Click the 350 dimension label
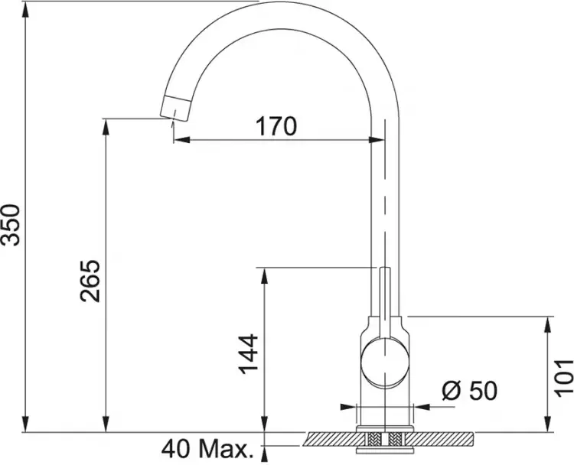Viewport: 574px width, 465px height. [10, 225]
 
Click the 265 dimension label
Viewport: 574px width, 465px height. [90, 281]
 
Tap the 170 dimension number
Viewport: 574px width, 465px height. [276, 126]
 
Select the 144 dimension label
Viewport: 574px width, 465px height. [248, 354]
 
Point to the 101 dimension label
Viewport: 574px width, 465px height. [563, 379]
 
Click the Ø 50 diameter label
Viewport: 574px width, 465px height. [470, 390]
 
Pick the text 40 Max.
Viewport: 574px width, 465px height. [207, 449]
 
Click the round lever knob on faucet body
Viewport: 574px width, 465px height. [384, 363]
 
